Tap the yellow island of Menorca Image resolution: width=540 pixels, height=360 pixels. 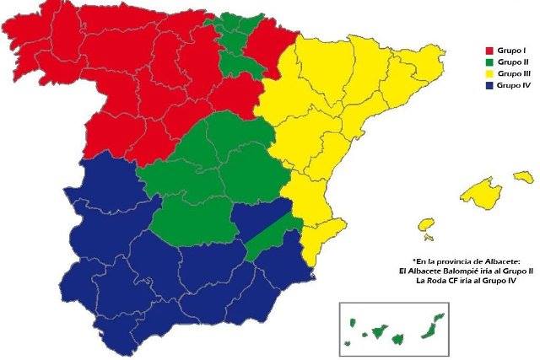tap(524, 176)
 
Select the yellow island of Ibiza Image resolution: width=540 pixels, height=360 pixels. tap(425, 225)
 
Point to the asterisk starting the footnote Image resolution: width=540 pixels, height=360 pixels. tap(414, 261)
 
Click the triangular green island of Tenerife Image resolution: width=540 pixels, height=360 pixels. tap(379, 332)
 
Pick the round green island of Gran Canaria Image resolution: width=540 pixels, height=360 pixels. tap(397, 339)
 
